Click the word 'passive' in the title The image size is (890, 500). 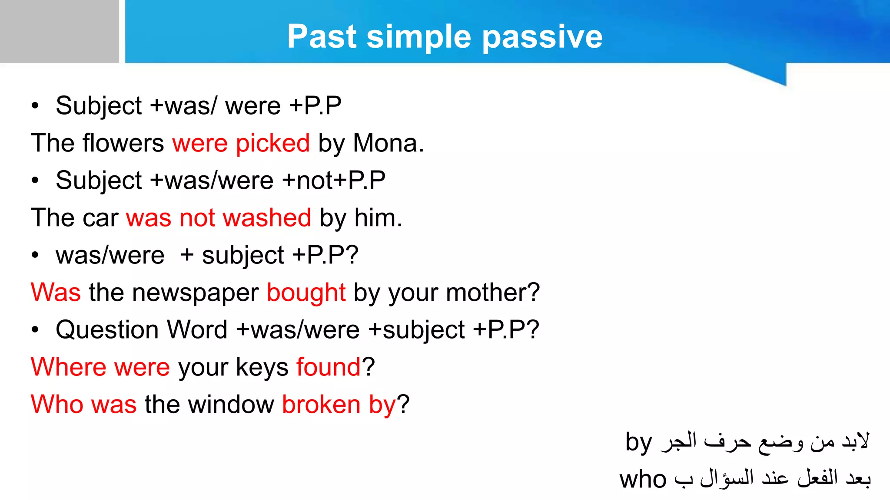coord(542,37)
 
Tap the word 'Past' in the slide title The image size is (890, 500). coord(322,36)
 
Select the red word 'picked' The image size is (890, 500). coord(272,143)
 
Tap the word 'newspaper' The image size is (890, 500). coord(195,293)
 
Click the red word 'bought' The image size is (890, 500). coord(306,293)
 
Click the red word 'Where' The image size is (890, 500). coord(68,367)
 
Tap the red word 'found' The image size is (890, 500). coord(329,367)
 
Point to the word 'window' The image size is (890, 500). coord(231,405)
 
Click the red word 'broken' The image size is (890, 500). coord(321,405)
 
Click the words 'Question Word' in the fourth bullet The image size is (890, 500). coord(142,330)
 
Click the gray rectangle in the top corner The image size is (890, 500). coord(59,31)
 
